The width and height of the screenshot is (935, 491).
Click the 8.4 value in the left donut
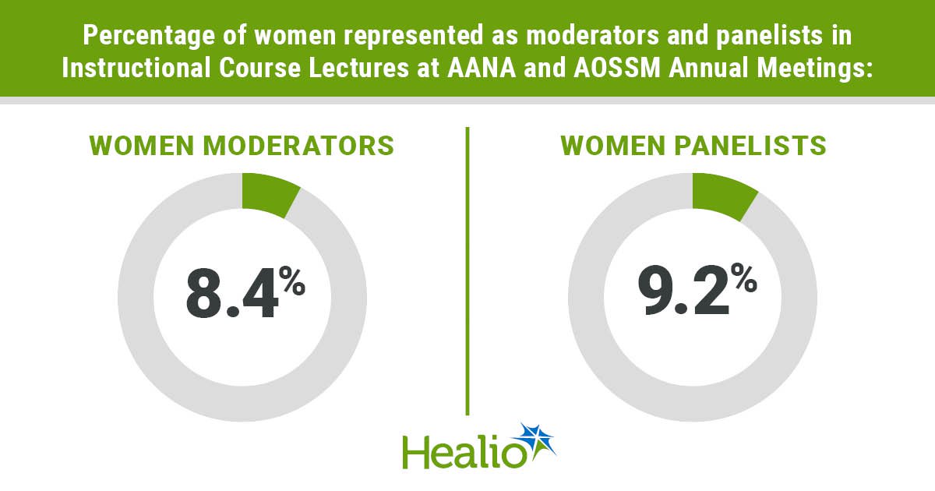231,294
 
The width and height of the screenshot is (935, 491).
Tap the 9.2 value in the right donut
683,290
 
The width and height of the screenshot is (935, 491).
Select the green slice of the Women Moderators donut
270,194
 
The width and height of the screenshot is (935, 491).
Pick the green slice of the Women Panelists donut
724,196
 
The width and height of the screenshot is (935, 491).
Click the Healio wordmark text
464,452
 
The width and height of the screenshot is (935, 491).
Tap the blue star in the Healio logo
537,443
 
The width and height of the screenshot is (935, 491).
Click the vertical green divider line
467,271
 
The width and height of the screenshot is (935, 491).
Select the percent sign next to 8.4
292,281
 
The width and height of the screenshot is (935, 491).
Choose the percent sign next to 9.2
744,277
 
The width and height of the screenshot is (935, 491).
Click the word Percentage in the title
149,35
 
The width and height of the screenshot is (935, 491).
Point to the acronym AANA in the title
482,68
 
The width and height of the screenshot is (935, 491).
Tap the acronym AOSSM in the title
617,68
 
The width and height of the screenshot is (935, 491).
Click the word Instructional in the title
136,68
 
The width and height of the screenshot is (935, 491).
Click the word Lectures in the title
358,68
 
